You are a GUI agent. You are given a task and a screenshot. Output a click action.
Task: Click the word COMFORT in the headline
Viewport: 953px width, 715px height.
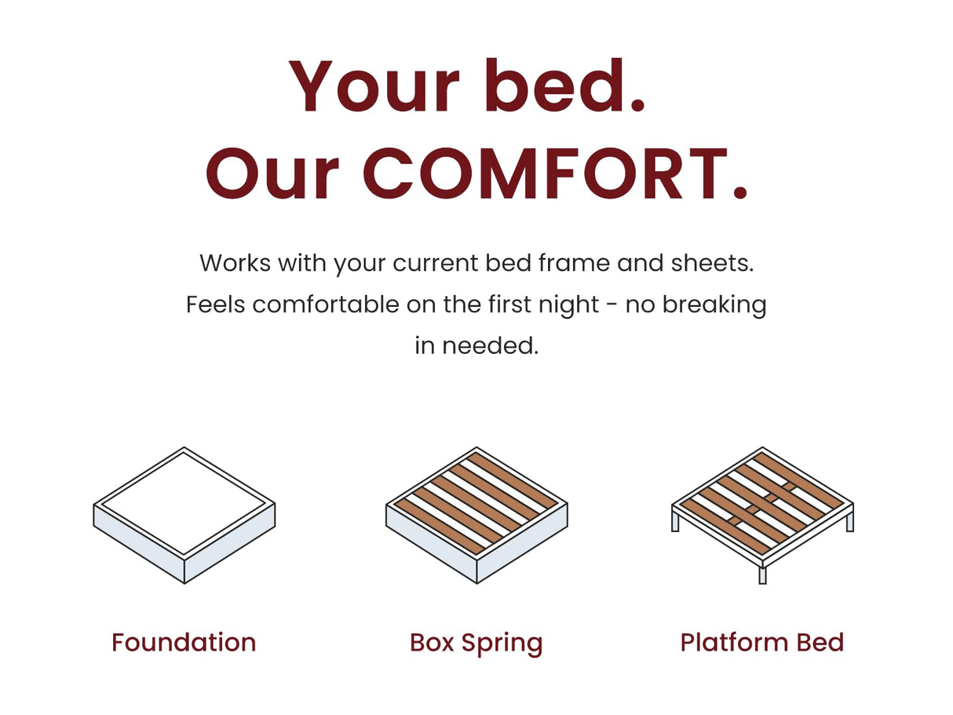(x=555, y=174)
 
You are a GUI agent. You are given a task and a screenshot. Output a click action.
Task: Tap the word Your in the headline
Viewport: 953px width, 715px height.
(x=374, y=86)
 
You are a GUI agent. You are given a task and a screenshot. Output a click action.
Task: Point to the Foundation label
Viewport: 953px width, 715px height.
(x=184, y=642)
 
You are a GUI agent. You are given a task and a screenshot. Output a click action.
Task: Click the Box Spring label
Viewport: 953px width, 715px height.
(x=476, y=643)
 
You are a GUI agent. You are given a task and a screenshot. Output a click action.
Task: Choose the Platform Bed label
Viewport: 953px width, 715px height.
(x=761, y=642)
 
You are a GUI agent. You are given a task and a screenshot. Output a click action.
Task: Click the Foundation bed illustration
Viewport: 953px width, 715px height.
(x=184, y=514)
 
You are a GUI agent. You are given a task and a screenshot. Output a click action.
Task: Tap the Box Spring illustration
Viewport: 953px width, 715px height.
(x=476, y=514)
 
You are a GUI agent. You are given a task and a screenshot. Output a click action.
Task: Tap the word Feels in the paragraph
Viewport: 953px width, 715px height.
(x=216, y=305)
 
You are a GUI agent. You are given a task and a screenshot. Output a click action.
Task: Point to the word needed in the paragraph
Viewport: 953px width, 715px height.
(x=490, y=345)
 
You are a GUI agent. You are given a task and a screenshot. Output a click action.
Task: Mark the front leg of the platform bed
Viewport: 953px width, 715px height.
(x=761, y=575)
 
